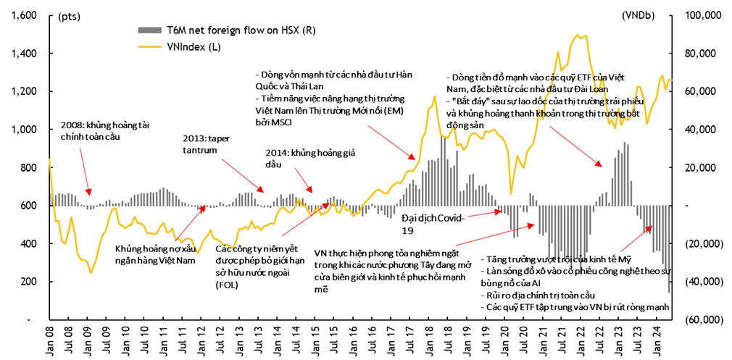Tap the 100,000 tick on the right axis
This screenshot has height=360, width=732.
click(x=699, y=15)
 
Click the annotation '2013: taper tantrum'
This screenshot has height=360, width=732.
click(x=206, y=143)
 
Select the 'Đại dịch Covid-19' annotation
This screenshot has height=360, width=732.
click(x=431, y=223)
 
